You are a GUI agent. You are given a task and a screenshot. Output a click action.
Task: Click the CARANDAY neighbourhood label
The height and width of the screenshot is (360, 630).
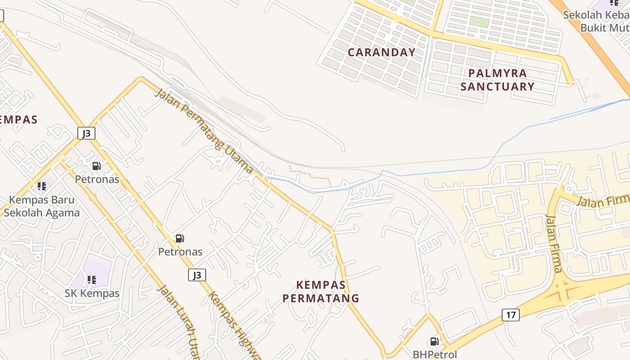click(x=382, y=52)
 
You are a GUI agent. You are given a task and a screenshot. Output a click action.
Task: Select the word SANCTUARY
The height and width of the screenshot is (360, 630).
click(x=497, y=86)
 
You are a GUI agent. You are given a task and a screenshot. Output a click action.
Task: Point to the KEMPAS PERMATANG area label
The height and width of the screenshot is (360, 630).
click(x=321, y=291)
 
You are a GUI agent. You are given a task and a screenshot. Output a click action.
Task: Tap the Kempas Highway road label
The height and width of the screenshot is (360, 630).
click(x=234, y=326)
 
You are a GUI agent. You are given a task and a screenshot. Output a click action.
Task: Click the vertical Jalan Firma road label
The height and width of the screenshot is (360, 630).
click(x=554, y=243)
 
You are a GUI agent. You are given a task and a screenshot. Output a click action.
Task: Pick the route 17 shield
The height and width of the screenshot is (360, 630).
click(x=511, y=315)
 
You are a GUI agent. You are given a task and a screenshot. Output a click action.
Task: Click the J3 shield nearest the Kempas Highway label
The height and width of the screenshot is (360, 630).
click(x=197, y=275)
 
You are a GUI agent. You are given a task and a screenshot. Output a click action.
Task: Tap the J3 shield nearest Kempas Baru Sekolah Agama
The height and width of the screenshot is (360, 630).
click(x=86, y=133)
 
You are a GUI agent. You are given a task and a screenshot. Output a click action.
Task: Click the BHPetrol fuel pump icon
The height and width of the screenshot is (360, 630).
click(x=434, y=342)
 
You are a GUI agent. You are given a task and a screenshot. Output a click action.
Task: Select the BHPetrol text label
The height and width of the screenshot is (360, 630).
click(x=435, y=355)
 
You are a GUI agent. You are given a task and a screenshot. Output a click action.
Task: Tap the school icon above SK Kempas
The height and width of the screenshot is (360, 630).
click(x=92, y=280)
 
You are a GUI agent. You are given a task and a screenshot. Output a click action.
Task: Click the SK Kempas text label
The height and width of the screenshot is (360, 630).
click(x=92, y=293)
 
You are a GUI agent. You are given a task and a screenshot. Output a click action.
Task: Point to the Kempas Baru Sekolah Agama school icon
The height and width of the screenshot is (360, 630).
click(x=42, y=186)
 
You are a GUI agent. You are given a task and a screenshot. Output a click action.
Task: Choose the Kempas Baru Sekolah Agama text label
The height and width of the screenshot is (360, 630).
click(x=42, y=206)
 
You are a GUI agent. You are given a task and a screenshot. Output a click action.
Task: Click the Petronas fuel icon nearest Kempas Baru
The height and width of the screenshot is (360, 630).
click(x=97, y=166)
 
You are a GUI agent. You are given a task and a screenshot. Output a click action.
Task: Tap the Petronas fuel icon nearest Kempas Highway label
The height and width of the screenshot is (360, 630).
click(x=180, y=238)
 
